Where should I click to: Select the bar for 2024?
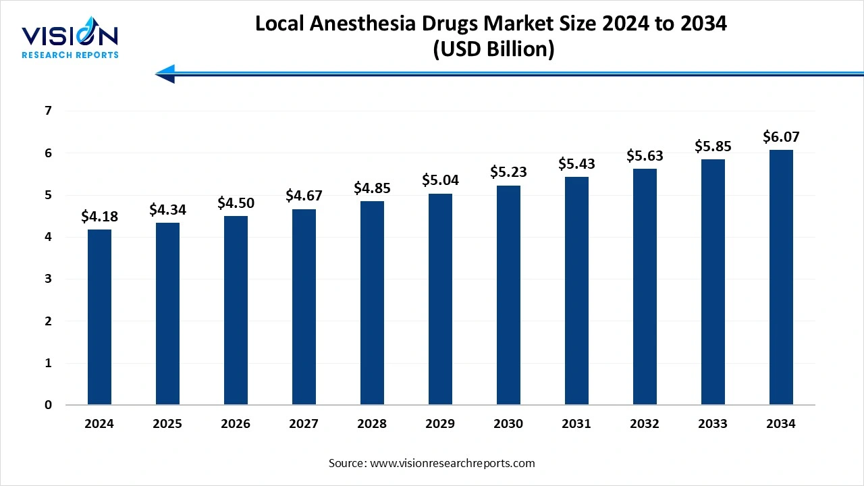tap(99, 317)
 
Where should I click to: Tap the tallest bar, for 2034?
tap(781, 277)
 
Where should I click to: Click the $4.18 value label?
tap(99, 217)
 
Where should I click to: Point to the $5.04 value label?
tap(440, 180)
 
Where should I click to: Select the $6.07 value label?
tap(781, 137)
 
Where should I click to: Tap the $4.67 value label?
tap(304, 196)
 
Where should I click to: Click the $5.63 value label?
tap(645, 155)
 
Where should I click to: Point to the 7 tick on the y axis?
tap(48, 111)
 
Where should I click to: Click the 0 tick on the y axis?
tap(48, 405)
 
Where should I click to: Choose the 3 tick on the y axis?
tap(48, 279)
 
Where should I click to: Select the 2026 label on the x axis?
tap(236, 424)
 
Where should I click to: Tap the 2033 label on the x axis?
tap(713, 424)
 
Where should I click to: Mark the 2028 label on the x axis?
tap(372, 424)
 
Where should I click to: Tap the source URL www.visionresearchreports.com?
tap(452, 463)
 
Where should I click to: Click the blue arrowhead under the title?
tap(165, 74)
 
